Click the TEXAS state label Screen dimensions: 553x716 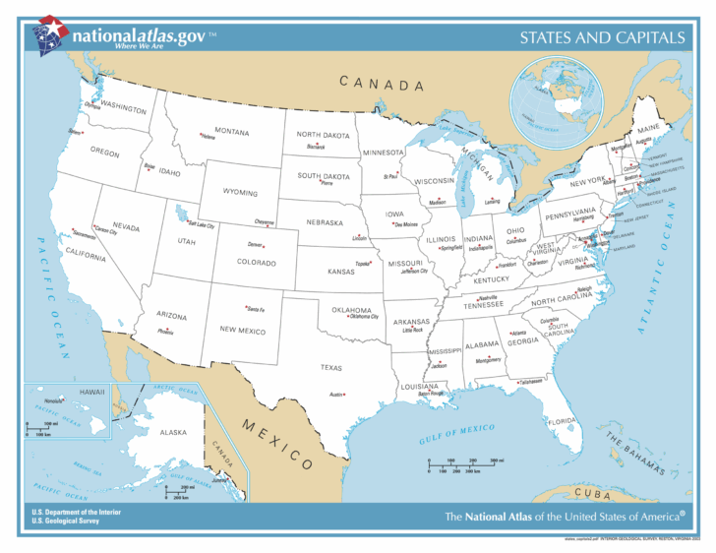click(x=330, y=367)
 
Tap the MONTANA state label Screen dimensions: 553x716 click(x=232, y=132)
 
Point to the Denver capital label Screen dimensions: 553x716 click(x=256, y=244)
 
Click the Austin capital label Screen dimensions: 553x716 click(x=335, y=395)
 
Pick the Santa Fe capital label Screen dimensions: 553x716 click(x=255, y=309)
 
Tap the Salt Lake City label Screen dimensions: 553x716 click(x=201, y=225)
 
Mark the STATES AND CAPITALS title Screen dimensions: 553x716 click(x=602, y=38)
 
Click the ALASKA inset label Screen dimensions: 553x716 click(x=146, y=432)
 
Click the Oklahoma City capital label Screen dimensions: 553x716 click(x=364, y=317)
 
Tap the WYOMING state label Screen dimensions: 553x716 click(x=240, y=193)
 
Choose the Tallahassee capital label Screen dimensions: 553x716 click(x=530, y=381)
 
